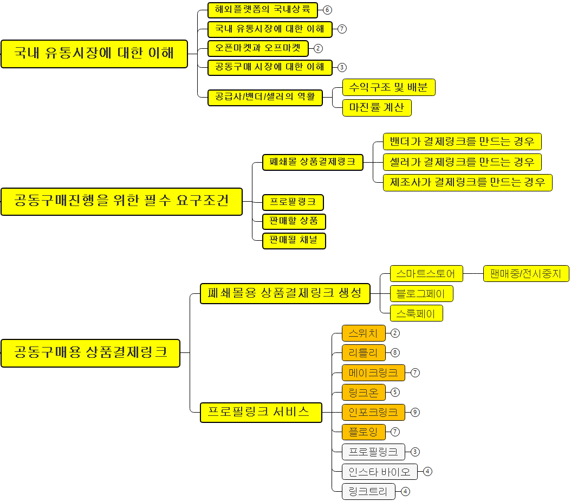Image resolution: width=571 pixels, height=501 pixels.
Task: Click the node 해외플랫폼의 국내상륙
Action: coord(263,10)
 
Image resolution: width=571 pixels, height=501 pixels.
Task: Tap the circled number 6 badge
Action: coord(327,10)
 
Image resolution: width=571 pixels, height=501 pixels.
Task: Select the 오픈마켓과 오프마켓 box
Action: coord(258,48)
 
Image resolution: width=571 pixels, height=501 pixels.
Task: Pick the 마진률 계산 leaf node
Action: coord(377,107)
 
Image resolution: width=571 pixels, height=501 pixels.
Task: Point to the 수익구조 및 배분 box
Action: coord(388,87)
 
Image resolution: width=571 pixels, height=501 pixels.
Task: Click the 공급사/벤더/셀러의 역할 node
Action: coord(265,98)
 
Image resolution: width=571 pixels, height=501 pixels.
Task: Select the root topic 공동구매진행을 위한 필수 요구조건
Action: coord(121,202)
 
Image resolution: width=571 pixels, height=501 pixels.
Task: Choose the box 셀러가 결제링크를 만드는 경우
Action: coord(462,162)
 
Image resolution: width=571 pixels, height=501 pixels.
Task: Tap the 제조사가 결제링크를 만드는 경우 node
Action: coord(468,182)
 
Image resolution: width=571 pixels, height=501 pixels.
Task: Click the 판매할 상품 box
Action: coord(294,221)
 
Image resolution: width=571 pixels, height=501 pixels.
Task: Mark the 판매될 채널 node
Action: coord(294,240)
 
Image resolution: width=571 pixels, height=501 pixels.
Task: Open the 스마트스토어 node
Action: coord(426,274)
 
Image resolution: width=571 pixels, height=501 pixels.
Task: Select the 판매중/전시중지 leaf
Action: coord(525,274)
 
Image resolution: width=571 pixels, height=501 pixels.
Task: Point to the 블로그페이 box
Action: coord(421,294)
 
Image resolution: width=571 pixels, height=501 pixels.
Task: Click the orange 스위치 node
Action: coord(364,333)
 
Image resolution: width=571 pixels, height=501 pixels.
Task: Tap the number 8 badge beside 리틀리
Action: coord(395,353)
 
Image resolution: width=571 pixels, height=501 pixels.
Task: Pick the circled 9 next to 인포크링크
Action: coord(415,412)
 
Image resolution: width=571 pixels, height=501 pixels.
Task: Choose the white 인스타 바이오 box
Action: coord(380,471)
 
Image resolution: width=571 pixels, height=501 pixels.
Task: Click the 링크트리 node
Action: coord(368,491)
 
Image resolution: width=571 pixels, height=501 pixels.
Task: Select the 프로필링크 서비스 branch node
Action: coord(261,412)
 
